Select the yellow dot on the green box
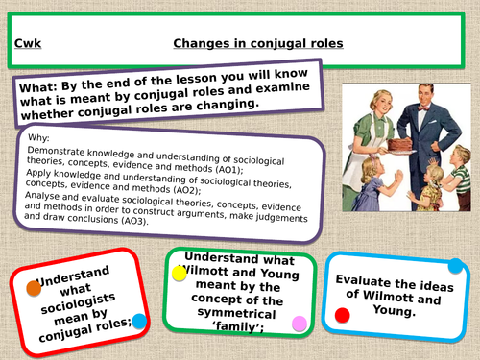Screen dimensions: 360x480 pyautogui.click(x=180, y=273)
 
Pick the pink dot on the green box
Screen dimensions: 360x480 pyautogui.click(x=300, y=323)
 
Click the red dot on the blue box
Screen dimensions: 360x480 pyautogui.click(x=343, y=315)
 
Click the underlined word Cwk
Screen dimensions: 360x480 pyautogui.click(x=29, y=44)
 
